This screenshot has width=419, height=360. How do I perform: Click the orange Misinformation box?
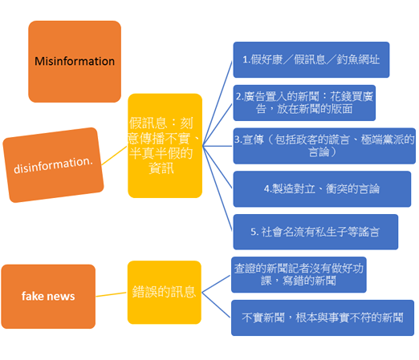75,62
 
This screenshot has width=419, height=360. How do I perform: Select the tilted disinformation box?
53,165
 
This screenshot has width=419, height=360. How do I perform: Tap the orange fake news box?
48,297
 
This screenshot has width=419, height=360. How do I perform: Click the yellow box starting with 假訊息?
165,146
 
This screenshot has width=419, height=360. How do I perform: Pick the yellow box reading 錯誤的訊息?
165,292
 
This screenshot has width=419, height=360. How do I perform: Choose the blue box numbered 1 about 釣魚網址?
311,59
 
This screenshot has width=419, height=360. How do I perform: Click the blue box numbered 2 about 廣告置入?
304,103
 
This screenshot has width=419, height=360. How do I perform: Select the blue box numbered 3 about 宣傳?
324,146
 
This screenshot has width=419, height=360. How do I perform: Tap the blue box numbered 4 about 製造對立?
322,189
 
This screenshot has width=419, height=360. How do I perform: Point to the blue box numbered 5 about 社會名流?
315,232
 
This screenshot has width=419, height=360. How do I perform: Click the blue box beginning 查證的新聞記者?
299,274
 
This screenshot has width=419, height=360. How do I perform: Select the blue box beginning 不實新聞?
323,318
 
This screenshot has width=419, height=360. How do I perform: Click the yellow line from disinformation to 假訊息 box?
114,156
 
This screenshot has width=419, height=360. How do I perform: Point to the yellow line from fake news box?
111,294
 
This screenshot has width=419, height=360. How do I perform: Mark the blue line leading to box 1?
218,103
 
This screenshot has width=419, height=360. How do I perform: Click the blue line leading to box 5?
218,188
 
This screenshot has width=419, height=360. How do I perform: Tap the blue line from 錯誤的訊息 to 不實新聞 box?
216,305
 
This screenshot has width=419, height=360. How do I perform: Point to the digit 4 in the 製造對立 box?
266,189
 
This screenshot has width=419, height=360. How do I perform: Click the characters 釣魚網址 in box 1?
358,59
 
